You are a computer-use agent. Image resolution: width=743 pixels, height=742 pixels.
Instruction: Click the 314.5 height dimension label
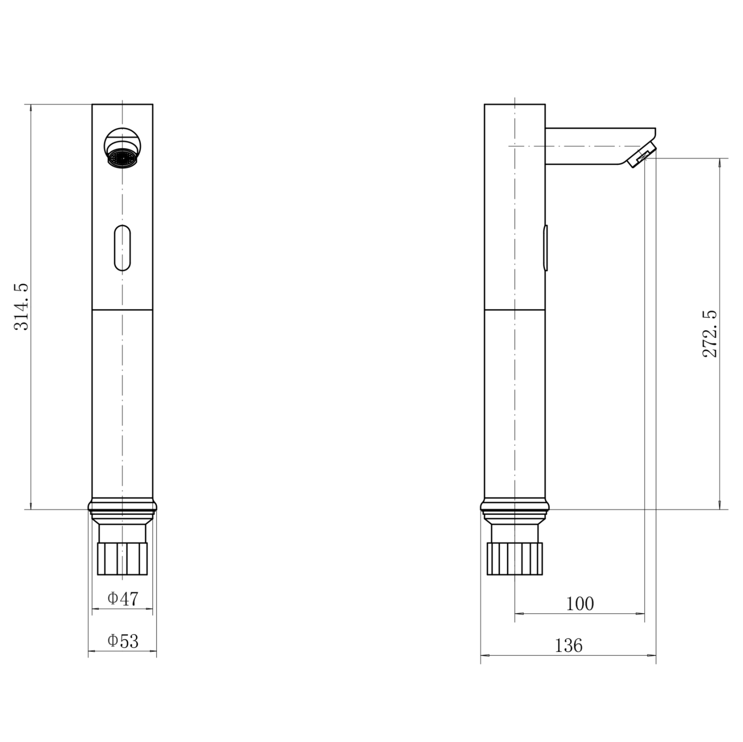point(21,307)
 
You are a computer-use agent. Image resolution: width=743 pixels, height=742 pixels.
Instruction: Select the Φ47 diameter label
point(123,598)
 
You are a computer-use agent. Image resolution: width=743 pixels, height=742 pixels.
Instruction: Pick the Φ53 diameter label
point(123,641)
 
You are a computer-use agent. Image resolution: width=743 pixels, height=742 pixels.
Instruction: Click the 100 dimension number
point(580,603)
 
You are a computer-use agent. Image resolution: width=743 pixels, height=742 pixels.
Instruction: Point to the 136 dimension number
point(568,645)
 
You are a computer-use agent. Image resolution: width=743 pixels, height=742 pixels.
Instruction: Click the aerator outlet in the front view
point(122,156)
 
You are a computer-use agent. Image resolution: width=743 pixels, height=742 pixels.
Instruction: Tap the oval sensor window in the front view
point(122,248)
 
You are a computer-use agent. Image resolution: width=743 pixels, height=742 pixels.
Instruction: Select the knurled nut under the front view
point(122,558)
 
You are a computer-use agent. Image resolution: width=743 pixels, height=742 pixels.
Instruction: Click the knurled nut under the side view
point(515,558)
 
